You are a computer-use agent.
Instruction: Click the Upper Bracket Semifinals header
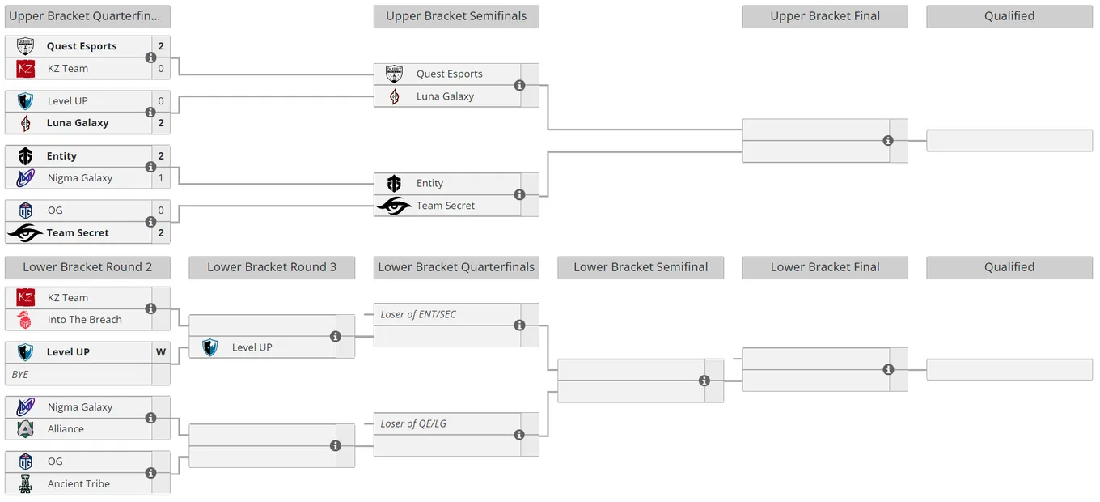click(455, 16)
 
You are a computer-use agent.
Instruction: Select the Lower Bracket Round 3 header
click(272, 267)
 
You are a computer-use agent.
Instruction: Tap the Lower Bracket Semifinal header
click(641, 267)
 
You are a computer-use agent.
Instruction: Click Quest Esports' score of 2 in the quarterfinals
click(161, 46)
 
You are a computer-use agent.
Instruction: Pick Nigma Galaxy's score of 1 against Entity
click(161, 178)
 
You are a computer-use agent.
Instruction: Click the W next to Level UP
click(161, 352)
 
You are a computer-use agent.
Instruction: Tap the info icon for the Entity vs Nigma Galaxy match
click(150, 167)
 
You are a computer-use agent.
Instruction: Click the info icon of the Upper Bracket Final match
click(888, 141)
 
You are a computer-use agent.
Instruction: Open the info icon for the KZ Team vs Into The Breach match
click(150, 308)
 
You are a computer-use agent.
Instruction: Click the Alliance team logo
click(26, 429)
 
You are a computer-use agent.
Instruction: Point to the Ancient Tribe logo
click(26, 484)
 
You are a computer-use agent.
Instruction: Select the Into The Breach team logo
click(24, 320)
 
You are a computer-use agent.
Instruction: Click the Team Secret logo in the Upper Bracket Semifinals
click(394, 206)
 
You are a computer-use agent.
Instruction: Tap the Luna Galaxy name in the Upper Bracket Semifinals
click(445, 96)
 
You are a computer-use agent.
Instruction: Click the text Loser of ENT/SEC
click(418, 314)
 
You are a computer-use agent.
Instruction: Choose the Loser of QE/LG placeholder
click(413, 423)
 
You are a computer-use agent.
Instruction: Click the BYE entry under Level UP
click(20, 375)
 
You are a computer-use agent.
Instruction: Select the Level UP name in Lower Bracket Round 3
click(252, 347)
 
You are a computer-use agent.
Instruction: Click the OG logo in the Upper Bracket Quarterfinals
click(26, 211)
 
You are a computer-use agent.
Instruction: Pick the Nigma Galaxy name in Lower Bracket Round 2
click(80, 407)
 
